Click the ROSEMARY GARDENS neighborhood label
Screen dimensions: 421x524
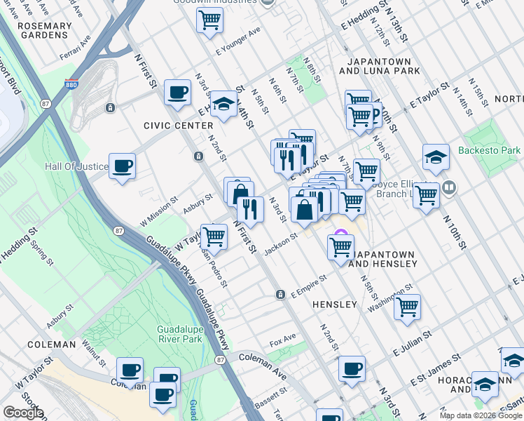tap(45, 32)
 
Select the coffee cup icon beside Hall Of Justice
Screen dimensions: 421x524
tap(123, 166)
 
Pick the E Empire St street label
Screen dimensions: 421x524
tap(309, 287)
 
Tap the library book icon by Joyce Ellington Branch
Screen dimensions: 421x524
tap(449, 187)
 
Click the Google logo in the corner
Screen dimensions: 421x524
tap(23, 413)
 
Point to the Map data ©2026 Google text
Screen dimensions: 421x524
tap(480, 415)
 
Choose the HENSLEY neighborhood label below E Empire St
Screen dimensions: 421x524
tap(334, 305)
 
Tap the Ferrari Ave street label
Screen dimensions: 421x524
tap(75, 47)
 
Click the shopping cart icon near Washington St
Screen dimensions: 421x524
tap(407, 306)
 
